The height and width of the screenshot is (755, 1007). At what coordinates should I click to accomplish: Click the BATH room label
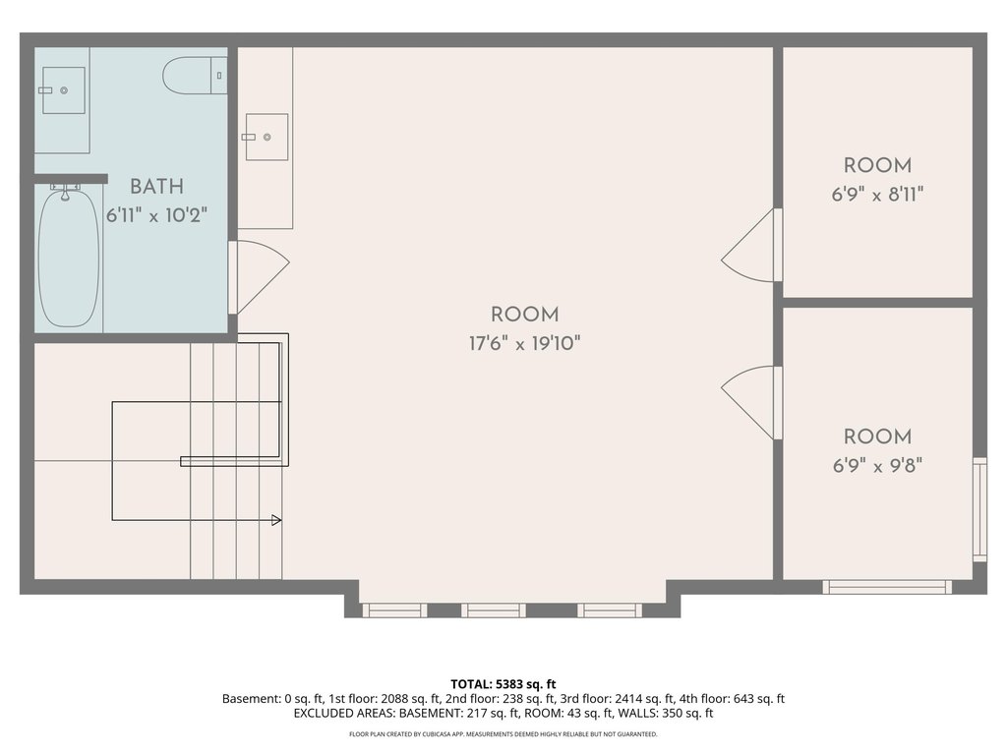pyautogui.click(x=156, y=187)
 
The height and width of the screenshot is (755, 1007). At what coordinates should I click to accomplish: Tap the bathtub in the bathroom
pyautogui.click(x=69, y=257)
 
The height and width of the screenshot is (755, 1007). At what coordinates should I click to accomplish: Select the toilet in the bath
pyautogui.click(x=195, y=76)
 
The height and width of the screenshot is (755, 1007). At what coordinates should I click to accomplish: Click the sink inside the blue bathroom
pyautogui.click(x=64, y=90)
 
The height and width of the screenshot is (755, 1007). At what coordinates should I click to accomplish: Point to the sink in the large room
pyautogui.click(x=266, y=137)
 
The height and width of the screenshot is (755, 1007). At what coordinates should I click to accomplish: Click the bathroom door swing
pyautogui.click(x=260, y=277)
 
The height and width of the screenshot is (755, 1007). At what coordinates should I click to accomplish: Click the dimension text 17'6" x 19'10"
pyautogui.click(x=525, y=344)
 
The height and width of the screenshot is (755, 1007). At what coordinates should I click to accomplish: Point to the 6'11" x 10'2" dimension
pyautogui.click(x=156, y=215)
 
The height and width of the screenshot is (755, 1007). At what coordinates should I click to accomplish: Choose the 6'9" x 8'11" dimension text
pyautogui.click(x=877, y=194)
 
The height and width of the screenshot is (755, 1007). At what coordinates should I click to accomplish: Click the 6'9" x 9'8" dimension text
pyautogui.click(x=877, y=465)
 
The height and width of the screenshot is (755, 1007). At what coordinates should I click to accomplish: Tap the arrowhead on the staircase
pyautogui.click(x=276, y=520)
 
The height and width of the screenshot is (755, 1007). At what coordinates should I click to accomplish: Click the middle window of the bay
pyautogui.click(x=494, y=610)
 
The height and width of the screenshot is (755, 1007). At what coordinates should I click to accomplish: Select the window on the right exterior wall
pyautogui.click(x=979, y=509)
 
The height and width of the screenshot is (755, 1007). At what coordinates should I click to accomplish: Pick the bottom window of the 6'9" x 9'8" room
pyautogui.click(x=887, y=587)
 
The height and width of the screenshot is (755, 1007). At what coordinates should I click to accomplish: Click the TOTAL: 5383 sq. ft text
pyautogui.click(x=503, y=684)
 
